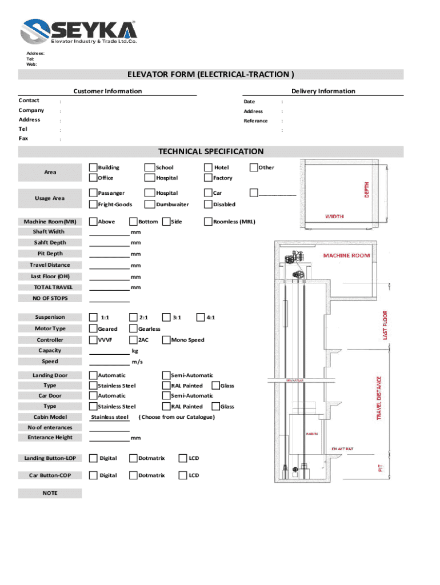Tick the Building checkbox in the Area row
coord(93,167)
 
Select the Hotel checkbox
coord(208,167)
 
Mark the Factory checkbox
coord(208,178)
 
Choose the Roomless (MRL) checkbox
coord(208,221)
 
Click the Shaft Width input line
coord(109,234)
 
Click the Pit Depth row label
coord(50,254)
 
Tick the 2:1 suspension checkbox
coord(133,317)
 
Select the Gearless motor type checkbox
coord(133,328)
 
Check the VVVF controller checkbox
coord(93,340)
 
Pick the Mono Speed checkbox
coord(166,340)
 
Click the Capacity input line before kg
coord(109,352)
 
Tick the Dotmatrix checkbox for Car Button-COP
coord(133,475)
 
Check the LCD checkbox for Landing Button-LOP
coord(183,458)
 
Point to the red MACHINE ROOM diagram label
coord(346,255)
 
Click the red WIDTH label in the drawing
coord(334,217)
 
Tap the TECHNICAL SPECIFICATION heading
coord(211,151)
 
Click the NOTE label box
coord(50,493)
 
